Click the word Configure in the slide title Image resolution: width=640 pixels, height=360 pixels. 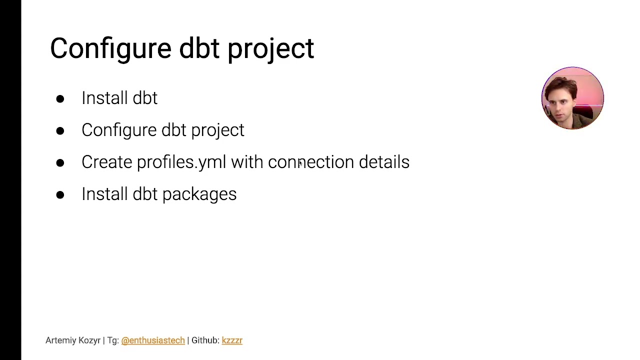tap(110, 48)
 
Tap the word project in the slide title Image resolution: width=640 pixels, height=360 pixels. tap(270, 48)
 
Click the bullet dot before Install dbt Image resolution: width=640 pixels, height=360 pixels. tap(60, 98)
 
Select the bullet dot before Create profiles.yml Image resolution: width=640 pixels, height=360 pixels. tap(60, 162)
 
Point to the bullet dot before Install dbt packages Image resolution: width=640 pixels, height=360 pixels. tap(60, 194)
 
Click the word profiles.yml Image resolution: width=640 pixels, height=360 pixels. tap(181, 162)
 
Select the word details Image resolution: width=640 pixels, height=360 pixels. tap(384, 162)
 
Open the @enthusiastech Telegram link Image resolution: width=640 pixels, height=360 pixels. tap(153, 340)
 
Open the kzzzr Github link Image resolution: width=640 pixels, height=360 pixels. tap(232, 340)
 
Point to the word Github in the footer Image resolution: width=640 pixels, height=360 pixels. tap(204, 340)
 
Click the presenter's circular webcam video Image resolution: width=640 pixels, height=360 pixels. tap(572, 98)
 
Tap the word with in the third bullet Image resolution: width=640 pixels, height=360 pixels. tap(246, 162)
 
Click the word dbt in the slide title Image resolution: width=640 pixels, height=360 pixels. tap(199, 48)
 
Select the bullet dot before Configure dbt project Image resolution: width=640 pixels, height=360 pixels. tap(60, 130)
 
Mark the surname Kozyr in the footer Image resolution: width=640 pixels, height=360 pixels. tap(89, 340)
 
